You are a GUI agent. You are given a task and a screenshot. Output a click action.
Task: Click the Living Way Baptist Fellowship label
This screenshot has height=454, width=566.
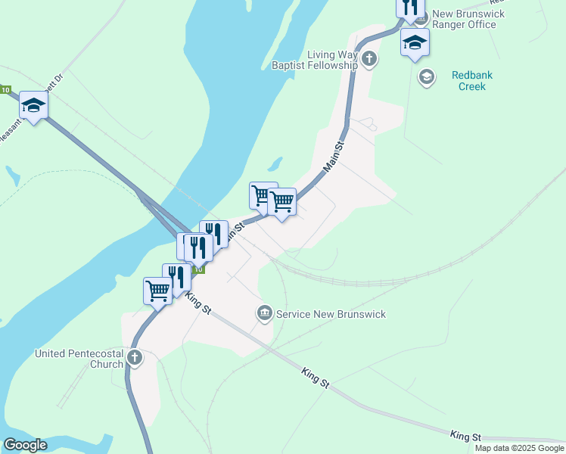click(314, 60)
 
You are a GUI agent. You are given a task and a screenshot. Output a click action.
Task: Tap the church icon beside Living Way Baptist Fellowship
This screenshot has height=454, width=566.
click(369, 59)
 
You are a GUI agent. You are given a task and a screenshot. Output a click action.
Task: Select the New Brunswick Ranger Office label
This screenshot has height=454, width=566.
click(464, 19)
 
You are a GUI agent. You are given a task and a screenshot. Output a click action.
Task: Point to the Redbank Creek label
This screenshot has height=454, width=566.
click(468, 80)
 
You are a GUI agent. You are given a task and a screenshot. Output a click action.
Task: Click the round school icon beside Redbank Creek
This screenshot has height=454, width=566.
click(427, 76)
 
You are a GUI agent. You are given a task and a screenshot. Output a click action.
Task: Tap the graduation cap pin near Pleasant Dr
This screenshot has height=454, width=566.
click(33, 106)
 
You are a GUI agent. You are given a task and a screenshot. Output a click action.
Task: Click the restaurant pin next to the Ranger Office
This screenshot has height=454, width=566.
click(409, 8)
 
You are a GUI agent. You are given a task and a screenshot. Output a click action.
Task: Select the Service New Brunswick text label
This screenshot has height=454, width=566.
click(331, 314)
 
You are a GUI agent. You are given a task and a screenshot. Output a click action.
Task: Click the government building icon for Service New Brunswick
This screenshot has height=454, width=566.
click(264, 313)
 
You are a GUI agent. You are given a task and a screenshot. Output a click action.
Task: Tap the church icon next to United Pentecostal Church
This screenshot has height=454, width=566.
click(135, 358)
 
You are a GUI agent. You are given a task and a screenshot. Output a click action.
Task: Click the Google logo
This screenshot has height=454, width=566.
click(25, 445)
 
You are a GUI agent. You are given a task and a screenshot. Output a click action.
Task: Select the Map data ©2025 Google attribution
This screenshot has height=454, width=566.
click(519, 448)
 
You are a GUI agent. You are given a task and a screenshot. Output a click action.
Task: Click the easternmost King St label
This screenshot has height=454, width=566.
click(465, 437)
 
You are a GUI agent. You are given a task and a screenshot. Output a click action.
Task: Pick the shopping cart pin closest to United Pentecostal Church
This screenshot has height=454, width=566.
click(157, 291)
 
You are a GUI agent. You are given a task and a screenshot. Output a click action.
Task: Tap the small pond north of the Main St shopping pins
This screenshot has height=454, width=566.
click(275, 163)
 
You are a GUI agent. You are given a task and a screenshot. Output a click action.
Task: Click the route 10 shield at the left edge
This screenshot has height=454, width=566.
click(5, 90)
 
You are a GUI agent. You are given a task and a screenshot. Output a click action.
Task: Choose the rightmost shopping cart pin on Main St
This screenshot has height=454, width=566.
click(281, 202)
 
